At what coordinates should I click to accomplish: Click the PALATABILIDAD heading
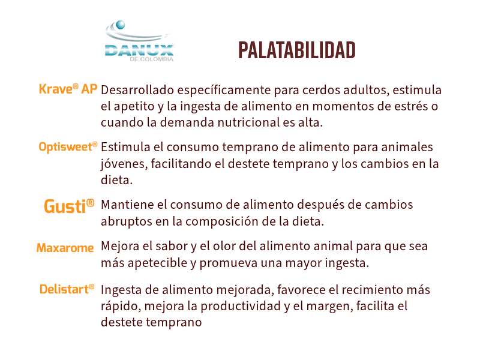(x=296, y=50)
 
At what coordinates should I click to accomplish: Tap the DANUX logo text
(x=139, y=50)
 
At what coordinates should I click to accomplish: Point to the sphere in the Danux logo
(x=121, y=25)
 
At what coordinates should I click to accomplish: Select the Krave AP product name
(x=68, y=89)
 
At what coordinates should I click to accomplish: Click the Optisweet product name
(x=68, y=146)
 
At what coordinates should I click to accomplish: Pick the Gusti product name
(x=69, y=206)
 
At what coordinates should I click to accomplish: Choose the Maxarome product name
(x=65, y=248)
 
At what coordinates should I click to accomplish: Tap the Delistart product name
(x=67, y=289)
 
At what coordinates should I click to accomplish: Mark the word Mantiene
(x=128, y=205)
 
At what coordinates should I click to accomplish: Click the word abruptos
(x=127, y=221)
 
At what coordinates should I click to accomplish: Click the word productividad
(x=241, y=306)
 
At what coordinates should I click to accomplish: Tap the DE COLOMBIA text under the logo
(x=152, y=59)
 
